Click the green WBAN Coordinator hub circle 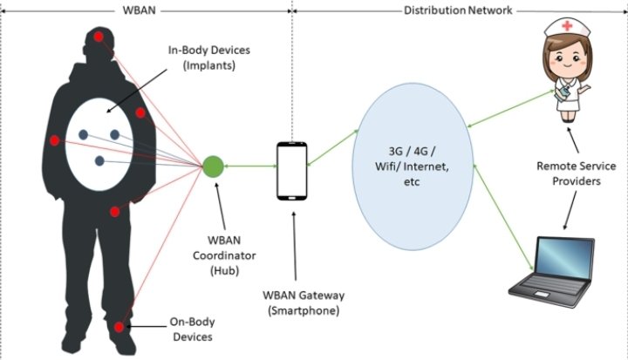point(213,164)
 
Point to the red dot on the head point(99,37)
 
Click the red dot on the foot point(119,327)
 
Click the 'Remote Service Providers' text point(577,173)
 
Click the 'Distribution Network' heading point(458,10)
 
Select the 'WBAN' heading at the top point(146,10)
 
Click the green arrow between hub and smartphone point(250,165)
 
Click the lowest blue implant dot point(99,161)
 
